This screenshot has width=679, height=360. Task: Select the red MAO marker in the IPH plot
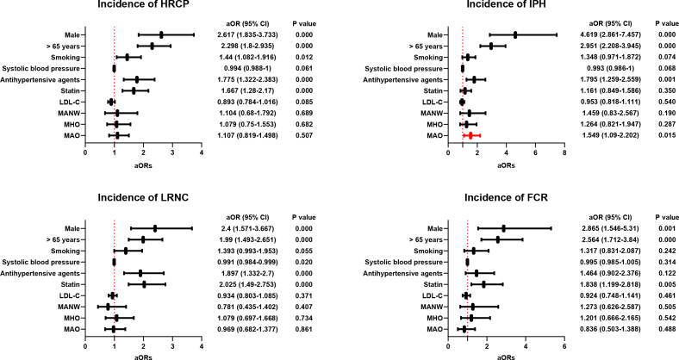pos(470,136)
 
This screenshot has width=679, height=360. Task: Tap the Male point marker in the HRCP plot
pos(161,35)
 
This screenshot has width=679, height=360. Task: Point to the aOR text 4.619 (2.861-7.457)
pos(610,35)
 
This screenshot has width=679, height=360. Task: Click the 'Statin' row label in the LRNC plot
pos(71,285)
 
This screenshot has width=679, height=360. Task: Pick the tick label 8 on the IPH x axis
pos(564,153)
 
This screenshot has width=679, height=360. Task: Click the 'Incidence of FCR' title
pos(506,198)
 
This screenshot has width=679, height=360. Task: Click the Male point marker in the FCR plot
pos(503,228)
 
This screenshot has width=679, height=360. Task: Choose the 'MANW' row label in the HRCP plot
pos(71,114)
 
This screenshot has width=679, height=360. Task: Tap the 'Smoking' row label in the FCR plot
pos(429,251)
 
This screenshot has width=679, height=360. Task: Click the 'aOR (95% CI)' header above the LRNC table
pos(247,217)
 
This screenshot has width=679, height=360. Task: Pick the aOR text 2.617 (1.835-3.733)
pos(247,35)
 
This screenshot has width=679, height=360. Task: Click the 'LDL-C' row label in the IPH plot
pos(434,102)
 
